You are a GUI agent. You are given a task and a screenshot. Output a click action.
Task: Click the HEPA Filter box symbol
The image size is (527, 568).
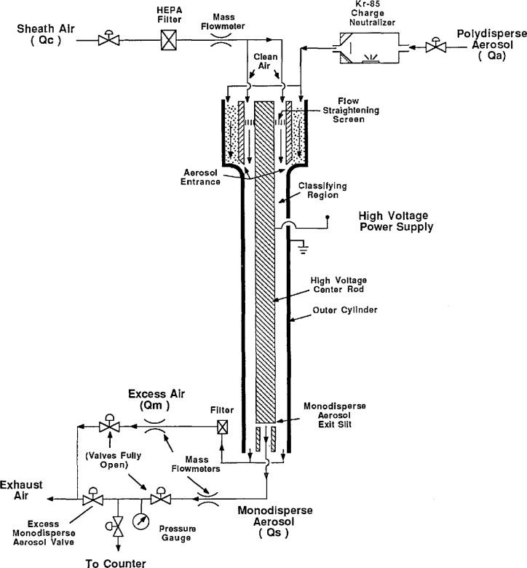click(x=169, y=40)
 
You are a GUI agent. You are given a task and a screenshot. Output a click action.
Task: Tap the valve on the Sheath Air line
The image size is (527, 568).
click(x=108, y=39)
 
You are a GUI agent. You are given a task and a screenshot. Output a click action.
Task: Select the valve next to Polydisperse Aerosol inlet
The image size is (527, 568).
click(x=436, y=46)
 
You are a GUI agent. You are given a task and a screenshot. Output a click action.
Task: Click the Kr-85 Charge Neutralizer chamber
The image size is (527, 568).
click(x=370, y=48)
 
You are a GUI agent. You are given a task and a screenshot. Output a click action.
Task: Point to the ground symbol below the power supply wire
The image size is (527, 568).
click(x=303, y=248)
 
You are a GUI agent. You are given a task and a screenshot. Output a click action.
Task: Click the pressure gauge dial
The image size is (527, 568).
click(x=140, y=521)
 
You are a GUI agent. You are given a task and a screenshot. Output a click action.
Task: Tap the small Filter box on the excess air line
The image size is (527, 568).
click(x=222, y=427)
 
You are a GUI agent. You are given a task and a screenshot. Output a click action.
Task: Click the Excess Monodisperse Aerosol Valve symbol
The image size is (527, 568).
click(x=92, y=498)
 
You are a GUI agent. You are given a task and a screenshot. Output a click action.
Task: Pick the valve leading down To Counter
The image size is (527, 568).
click(x=116, y=526)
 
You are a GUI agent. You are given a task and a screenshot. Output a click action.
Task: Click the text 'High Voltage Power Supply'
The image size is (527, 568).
click(x=395, y=221)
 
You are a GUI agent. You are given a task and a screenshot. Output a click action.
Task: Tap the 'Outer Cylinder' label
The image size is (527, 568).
click(x=345, y=310)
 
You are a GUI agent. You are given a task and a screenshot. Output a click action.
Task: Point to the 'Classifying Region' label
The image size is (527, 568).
click(x=322, y=191)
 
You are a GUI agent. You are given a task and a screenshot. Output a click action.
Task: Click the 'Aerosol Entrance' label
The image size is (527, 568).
click(x=200, y=177)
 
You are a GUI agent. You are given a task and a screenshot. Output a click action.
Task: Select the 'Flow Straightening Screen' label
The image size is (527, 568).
click(x=351, y=110)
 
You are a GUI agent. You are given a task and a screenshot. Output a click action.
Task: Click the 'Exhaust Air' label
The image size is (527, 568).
click(x=21, y=490)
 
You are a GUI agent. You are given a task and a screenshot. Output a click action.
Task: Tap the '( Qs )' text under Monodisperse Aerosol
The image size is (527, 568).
click(x=274, y=533)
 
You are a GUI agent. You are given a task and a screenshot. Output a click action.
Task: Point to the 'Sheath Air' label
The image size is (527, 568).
click(x=46, y=28)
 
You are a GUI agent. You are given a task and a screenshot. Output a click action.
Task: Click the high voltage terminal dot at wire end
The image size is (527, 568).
click(x=328, y=217)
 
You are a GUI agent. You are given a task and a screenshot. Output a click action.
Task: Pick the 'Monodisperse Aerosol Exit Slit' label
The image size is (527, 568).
click(x=335, y=415)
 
